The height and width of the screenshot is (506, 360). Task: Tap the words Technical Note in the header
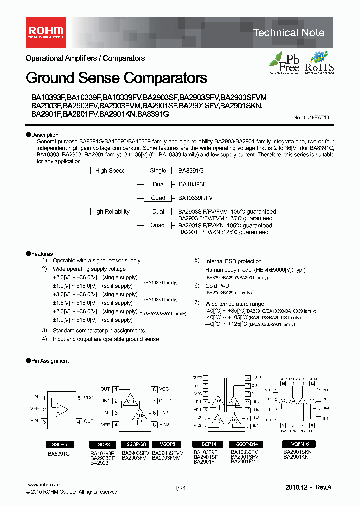click(289, 33)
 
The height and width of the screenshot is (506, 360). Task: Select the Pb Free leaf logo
click(285, 63)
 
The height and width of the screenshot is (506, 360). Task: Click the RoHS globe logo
click(319, 63)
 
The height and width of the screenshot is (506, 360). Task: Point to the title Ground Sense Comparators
click(116, 78)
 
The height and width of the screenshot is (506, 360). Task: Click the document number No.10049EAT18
click(311, 118)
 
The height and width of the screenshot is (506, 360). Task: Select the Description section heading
click(44, 135)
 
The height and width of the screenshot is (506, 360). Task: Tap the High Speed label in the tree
click(110, 171)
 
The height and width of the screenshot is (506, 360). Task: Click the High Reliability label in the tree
click(110, 212)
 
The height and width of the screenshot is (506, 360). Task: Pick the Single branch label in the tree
click(158, 171)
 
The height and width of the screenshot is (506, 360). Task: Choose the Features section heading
click(42, 254)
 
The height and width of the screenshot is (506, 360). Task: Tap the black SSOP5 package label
click(59, 444)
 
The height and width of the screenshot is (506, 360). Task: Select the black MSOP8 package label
click(167, 444)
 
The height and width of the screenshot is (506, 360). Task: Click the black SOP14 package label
click(208, 444)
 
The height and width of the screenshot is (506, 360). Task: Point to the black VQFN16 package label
click(298, 444)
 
